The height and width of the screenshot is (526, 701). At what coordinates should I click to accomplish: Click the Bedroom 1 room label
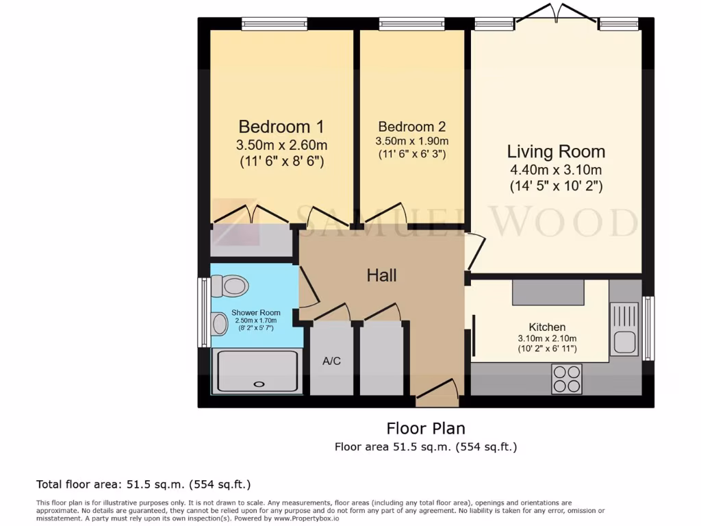pos(281,127)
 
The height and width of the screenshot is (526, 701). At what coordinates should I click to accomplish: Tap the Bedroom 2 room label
pos(411,127)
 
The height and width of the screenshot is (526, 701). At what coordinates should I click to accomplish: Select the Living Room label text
pos(556,151)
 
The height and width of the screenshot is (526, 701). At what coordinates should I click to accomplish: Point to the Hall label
pos(381,275)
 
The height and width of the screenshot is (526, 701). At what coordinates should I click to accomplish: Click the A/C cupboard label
pos(331,361)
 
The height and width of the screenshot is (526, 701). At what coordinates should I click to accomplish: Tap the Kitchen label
pos(547,327)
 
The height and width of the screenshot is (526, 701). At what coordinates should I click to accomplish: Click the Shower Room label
pos(255,313)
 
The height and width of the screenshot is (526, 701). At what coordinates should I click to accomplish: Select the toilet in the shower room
pos(230,286)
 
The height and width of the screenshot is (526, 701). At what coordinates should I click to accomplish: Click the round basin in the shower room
pos(220,324)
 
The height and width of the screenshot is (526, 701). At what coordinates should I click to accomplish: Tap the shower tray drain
pos(259,385)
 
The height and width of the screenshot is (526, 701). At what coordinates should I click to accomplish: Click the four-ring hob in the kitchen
pos(567,379)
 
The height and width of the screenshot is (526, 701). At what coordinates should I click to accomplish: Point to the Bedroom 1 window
pos(274,25)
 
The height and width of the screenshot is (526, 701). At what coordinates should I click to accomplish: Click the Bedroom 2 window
pos(411,25)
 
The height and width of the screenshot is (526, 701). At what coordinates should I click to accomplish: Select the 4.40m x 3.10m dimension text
pos(556,170)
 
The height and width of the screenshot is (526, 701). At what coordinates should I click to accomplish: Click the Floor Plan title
pos(426,429)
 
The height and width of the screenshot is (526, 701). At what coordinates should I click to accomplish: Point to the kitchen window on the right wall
pos(648,327)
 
